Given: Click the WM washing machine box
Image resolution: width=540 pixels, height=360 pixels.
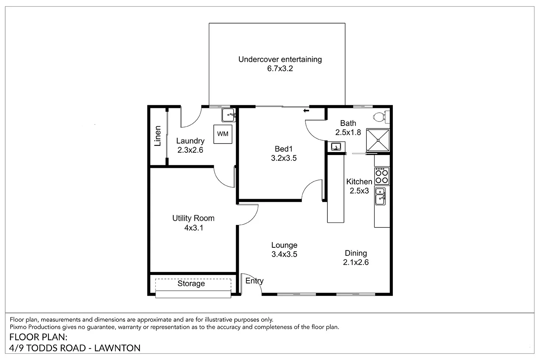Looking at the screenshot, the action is [x=223, y=134].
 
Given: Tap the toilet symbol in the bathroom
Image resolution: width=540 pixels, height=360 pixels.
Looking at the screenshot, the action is [x=381, y=117].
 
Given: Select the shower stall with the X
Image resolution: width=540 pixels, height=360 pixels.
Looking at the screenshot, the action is [x=378, y=140].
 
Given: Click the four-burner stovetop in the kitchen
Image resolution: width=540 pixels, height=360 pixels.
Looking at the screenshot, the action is [x=382, y=176].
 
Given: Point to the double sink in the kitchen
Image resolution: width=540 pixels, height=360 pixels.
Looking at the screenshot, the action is [x=380, y=196].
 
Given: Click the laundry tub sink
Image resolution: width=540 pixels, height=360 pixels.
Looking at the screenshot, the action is [x=229, y=115].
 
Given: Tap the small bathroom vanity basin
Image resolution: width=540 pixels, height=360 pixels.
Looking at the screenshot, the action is [x=336, y=147].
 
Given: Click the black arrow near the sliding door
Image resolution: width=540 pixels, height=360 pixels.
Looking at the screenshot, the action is [x=306, y=111].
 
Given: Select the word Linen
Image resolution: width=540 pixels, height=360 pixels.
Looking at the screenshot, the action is [x=157, y=136].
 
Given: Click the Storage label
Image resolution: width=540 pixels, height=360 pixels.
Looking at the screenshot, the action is [x=191, y=283].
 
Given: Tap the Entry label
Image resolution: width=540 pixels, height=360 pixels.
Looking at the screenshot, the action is [x=254, y=281].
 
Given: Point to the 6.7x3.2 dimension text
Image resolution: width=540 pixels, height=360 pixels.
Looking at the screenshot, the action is [x=280, y=68].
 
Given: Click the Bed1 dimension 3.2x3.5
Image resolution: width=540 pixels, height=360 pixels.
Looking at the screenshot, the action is [x=284, y=158].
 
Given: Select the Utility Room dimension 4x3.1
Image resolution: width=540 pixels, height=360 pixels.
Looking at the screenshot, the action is [x=194, y=227].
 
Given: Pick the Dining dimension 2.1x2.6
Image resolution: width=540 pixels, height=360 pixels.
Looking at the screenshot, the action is [x=356, y=262].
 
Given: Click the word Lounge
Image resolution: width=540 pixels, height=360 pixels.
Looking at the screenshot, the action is [x=284, y=245].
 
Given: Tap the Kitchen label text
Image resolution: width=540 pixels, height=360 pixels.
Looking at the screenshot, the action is [x=359, y=181].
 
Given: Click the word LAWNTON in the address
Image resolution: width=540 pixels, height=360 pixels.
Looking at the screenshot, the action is [x=117, y=348].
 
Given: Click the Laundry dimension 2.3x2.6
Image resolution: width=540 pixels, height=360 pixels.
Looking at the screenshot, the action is [x=190, y=150].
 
